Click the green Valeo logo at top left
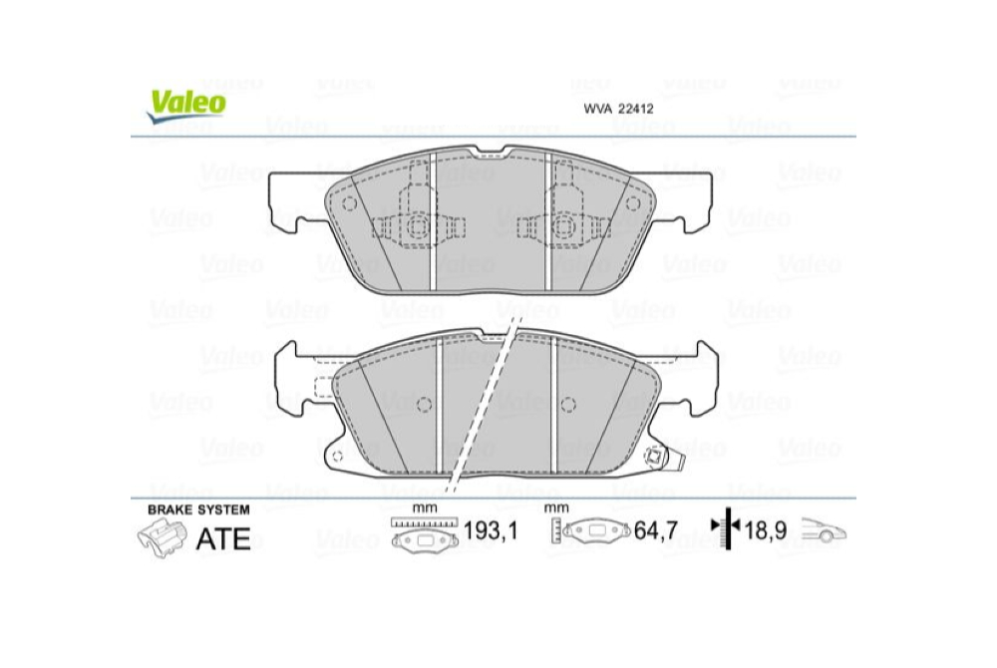187,102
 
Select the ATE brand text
224,538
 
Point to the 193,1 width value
492,532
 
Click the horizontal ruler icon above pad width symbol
426,523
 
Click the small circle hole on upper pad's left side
349,204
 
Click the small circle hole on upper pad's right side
631,203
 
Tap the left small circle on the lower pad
423,403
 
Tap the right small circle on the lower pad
569,403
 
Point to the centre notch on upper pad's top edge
491,154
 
